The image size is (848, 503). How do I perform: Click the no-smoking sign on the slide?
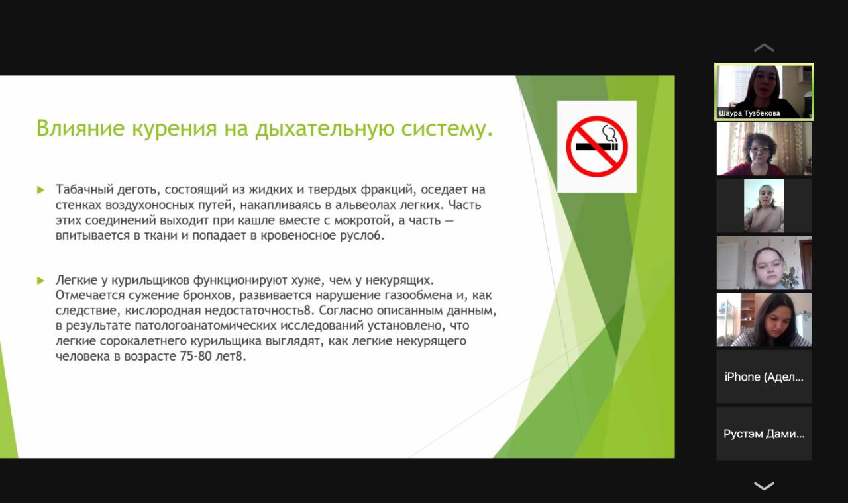pos(597,147)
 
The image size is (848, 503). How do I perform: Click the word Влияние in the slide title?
pos(80,128)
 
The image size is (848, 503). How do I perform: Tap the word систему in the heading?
pos(447,128)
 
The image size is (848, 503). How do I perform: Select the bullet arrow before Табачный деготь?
pos(40,190)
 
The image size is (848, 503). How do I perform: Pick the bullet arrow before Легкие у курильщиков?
pos(40,281)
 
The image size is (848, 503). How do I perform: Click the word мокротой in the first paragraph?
pos(362,220)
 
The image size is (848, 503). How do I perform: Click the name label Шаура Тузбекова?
pos(749,113)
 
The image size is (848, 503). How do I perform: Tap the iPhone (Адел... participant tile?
pos(764,377)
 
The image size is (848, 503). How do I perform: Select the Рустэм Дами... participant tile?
pos(764,434)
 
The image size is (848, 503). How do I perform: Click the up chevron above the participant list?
pos(764,48)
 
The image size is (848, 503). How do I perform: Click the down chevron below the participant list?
pos(764,486)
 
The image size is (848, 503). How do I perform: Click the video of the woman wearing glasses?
pos(764,149)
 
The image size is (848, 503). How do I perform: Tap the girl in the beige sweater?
pos(764,206)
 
